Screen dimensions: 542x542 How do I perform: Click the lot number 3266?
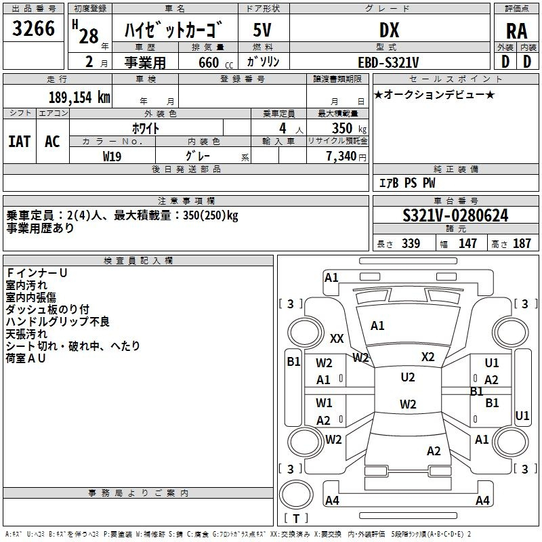[34, 30]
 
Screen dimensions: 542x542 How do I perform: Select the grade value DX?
[389, 30]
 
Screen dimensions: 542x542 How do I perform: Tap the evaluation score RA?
[516, 31]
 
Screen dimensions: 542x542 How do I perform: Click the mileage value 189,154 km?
[79, 97]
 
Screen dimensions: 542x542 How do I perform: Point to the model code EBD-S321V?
[389, 62]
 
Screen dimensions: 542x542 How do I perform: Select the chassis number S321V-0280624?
[455, 216]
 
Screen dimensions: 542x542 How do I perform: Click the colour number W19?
[112, 156]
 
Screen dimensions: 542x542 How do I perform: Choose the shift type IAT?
[19, 142]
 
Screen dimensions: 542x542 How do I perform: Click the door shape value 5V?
[263, 30]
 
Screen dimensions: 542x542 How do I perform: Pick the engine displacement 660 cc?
[207, 62]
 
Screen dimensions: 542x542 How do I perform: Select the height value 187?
[522, 244]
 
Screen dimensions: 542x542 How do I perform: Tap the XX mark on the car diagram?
[337, 338]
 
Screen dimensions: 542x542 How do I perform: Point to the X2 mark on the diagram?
[428, 357]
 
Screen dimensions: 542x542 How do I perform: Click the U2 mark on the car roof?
[408, 377]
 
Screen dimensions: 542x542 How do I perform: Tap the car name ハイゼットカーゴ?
[175, 30]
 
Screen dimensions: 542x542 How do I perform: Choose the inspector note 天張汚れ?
[26, 334]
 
